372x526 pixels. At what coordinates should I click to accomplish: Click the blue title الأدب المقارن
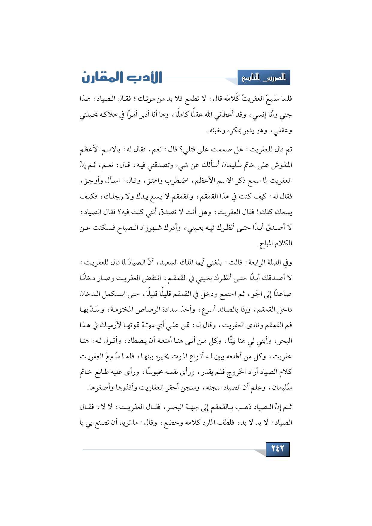122,78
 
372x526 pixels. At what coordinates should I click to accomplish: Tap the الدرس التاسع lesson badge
264,78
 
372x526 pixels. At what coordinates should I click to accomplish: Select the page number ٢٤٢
277,449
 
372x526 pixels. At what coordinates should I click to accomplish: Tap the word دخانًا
89,278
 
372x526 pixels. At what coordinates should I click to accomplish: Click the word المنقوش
282,165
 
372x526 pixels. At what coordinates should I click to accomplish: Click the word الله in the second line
208,115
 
